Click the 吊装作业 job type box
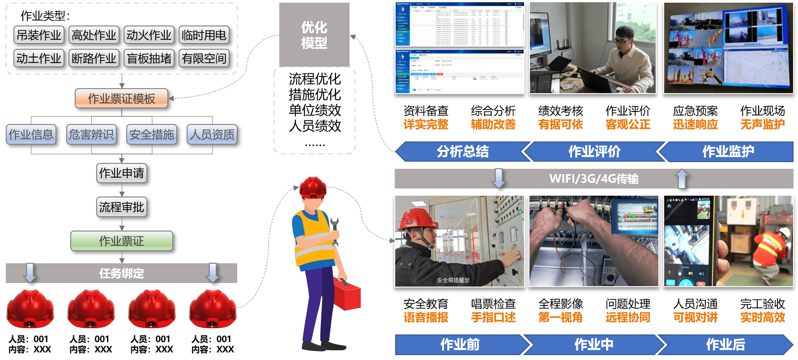tap(39, 35)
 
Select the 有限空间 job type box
tap(204, 58)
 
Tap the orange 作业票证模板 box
tap(121, 99)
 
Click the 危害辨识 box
tap(91, 134)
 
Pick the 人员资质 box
tap(212, 134)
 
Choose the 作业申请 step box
tap(121, 173)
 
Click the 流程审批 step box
tap(121, 207)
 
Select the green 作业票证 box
tap(121, 241)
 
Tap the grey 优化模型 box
tap(314, 35)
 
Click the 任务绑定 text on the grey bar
tap(121, 273)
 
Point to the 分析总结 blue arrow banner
tap(462, 151)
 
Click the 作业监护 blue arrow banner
tap(728, 151)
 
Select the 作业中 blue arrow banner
tap(593, 344)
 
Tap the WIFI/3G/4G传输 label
tap(593, 179)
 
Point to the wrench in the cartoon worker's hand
tap(334, 228)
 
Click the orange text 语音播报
tap(426, 317)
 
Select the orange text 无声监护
tap(762, 124)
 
